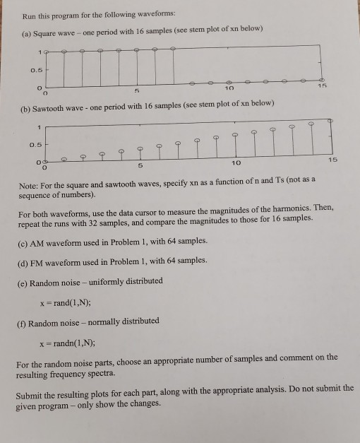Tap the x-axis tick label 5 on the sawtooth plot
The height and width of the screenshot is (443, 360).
pos(141,166)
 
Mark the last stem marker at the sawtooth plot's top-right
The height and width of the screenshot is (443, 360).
pos(330,121)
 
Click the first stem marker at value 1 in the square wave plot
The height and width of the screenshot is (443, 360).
pos(47,51)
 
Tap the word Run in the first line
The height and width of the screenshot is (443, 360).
pos(30,15)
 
